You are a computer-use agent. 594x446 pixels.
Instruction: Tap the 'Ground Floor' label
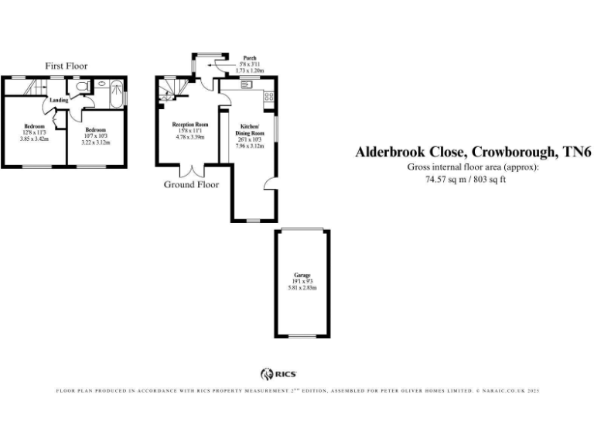[x=191, y=184]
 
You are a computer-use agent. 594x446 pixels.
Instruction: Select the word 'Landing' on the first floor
[x=59, y=101]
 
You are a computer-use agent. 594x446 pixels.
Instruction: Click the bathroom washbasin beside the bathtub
[x=102, y=84]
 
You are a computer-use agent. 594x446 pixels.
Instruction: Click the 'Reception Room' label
[x=189, y=124]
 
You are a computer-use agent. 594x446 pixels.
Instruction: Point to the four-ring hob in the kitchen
[x=268, y=98]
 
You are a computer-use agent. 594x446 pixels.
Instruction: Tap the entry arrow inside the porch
[x=223, y=69]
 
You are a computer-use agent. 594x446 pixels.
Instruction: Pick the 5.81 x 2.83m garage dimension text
[x=302, y=288]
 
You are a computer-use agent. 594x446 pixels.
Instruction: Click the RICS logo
[x=279, y=373]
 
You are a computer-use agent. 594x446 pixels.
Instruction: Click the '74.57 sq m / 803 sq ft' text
[x=472, y=179]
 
